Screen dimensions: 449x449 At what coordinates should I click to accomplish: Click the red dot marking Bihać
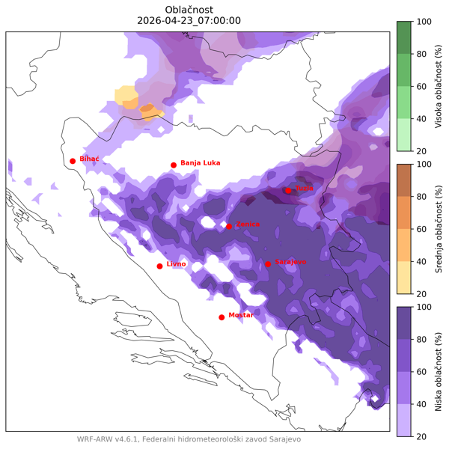point(73,161)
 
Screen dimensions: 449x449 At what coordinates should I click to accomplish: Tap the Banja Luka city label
point(200,162)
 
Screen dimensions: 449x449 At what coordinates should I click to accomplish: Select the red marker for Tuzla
point(288,191)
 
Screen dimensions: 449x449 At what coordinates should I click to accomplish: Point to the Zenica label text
point(248,224)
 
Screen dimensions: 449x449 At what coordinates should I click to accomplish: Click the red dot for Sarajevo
point(268,264)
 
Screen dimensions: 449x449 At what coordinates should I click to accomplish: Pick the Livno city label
point(176,264)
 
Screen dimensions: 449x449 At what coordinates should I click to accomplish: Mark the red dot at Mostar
point(222,317)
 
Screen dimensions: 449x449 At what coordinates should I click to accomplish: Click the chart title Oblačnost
point(189,9)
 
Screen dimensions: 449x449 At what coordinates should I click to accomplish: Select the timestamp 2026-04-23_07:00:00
point(189,21)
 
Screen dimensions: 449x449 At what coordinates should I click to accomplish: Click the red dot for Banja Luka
point(174,165)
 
